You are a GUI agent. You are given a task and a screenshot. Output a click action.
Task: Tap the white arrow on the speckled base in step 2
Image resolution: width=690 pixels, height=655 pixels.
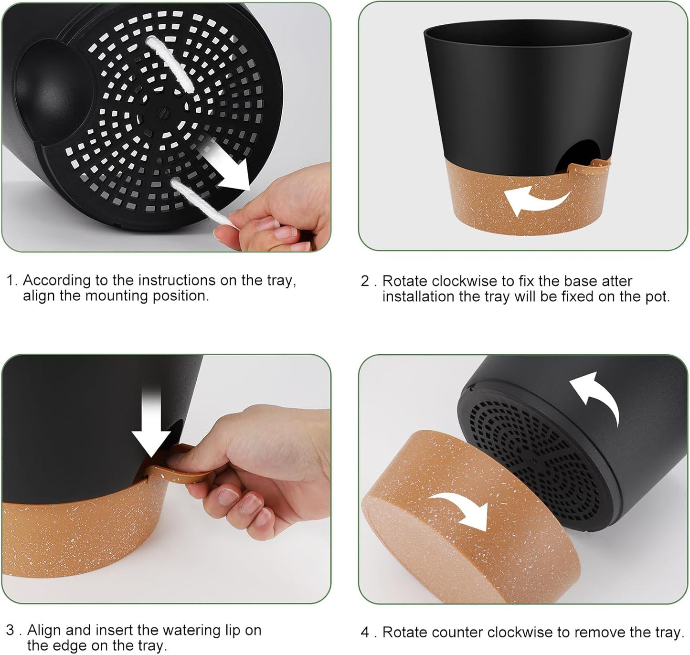535,201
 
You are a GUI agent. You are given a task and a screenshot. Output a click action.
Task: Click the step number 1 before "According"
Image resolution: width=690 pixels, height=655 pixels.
11,280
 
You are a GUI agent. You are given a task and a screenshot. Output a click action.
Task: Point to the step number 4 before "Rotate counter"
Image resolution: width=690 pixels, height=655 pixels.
365,633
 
